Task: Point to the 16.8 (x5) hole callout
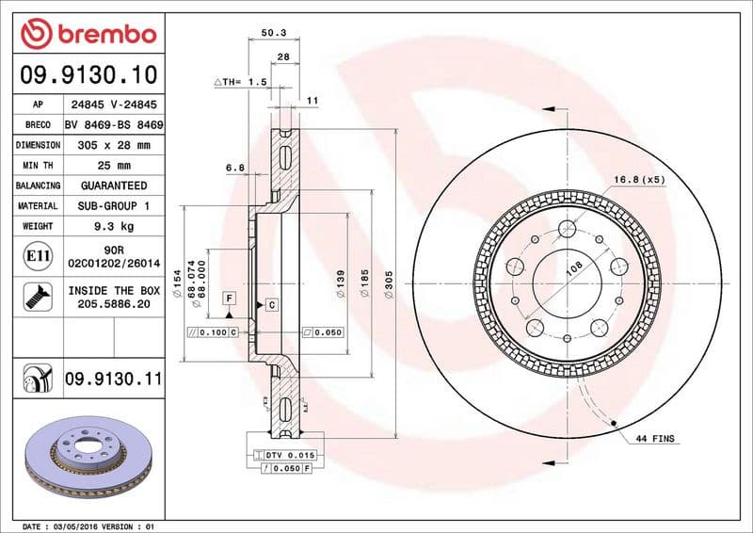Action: pyautogui.click(x=640, y=179)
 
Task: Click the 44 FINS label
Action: pyautogui.click(x=656, y=439)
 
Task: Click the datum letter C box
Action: pyautogui.click(x=270, y=304)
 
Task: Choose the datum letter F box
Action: pyautogui.click(x=228, y=299)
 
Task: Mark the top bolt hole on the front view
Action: pyautogui.click(x=568, y=227)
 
